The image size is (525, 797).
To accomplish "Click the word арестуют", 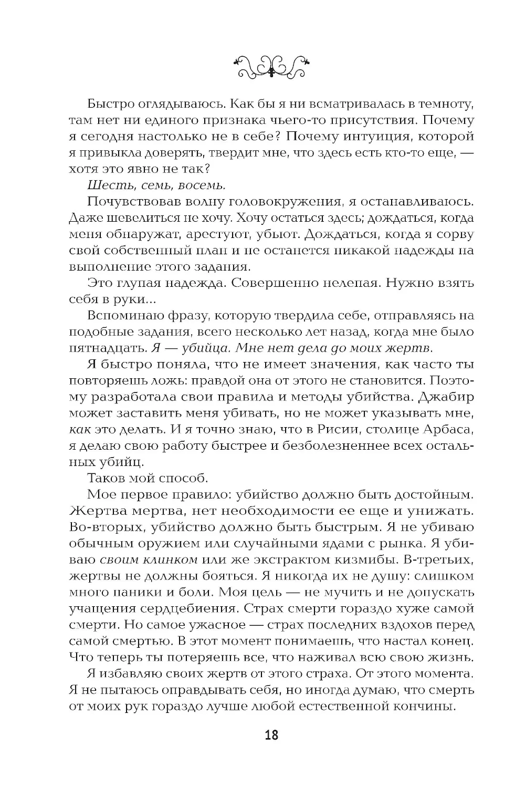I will click(239, 234).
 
